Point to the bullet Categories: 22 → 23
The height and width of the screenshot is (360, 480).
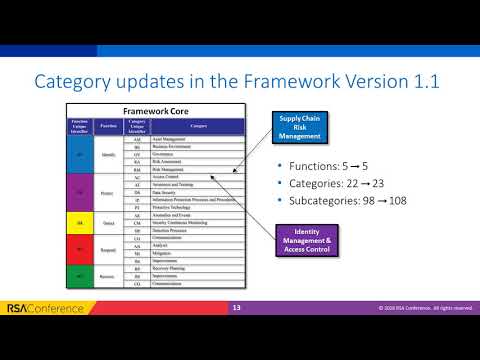pyautogui.click(x=330, y=183)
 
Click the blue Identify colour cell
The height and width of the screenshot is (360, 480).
pyautogui.click(x=80, y=156)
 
